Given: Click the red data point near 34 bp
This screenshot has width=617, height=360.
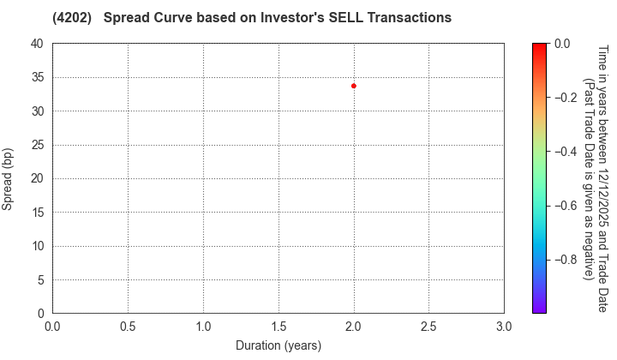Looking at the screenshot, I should pyautogui.click(x=354, y=86).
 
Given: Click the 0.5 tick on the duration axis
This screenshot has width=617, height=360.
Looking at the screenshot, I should pyautogui.click(x=128, y=327).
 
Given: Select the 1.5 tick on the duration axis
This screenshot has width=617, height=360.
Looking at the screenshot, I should pyautogui.click(x=279, y=327).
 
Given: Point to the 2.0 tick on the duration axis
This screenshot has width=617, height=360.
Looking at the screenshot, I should pyautogui.click(x=354, y=327).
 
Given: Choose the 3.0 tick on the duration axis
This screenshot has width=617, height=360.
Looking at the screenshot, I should pyautogui.click(x=504, y=327).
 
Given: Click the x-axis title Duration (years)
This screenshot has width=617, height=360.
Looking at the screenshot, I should pyautogui.click(x=279, y=345).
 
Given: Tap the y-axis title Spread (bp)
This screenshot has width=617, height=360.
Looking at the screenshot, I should pyautogui.click(x=9, y=178).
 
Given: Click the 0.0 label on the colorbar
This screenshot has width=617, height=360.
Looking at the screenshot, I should pyautogui.click(x=562, y=44).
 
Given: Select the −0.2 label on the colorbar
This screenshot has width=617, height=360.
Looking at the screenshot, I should pyautogui.click(x=566, y=98).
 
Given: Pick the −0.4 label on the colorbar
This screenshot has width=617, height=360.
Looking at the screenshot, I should pyautogui.click(x=566, y=152).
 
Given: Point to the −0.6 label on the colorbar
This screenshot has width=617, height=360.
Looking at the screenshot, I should pyautogui.click(x=566, y=206).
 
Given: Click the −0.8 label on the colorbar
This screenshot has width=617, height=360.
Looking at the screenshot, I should pyautogui.click(x=566, y=260).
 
